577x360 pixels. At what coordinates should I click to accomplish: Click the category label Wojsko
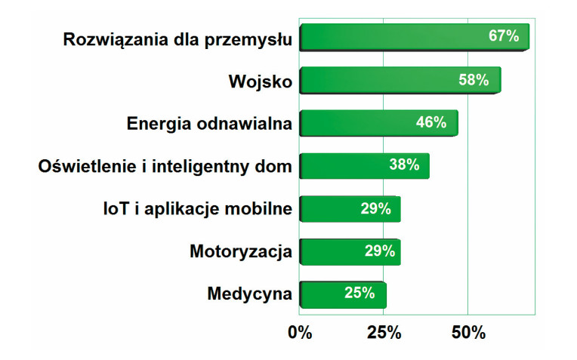[x=260, y=80]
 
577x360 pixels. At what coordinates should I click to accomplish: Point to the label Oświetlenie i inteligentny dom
[x=165, y=166]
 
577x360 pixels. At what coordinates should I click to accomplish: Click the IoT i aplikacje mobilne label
[x=196, y=209]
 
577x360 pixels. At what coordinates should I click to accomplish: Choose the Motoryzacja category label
[x=241, y=251]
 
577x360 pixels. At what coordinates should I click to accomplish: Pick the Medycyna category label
[x=249, y=294]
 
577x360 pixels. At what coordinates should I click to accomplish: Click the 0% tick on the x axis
[x=300, y=333]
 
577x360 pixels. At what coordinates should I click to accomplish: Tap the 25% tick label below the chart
[x=384, y=333]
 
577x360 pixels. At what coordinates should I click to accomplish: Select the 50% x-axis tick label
[x=468, y=333]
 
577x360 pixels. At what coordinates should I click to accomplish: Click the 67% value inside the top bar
[x=504, y=36]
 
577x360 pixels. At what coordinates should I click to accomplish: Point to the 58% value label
[x=474, y=79]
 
